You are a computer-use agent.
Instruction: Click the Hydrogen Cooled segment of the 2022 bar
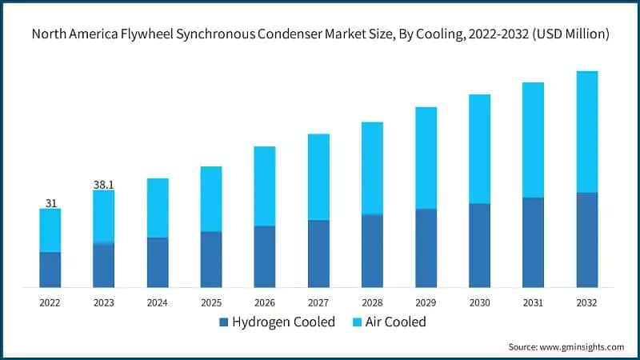coord(50,270)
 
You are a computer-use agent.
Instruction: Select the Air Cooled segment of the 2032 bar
coord(587,132)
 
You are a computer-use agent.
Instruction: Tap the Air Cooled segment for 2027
coord(318,177)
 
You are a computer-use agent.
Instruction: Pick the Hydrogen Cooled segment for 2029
coord(426,248)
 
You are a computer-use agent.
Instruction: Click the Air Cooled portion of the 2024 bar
coord(158,208)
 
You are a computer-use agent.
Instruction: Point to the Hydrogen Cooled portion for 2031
coord(534,242)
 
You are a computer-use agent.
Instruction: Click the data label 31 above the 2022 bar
coord(50,203)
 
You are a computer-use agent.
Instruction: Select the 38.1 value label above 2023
coord(104,185)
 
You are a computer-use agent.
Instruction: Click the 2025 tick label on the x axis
coord(211,302)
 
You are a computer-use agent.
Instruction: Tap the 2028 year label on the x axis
coord(372,302)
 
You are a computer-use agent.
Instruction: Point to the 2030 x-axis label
coord(479,302)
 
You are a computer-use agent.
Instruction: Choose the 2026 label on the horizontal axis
coord(265,302)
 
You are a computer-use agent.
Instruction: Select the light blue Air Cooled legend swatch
coord(356,322)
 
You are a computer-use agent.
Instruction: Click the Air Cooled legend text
coord(396,322)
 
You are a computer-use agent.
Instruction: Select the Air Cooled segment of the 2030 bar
coord(479,149)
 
